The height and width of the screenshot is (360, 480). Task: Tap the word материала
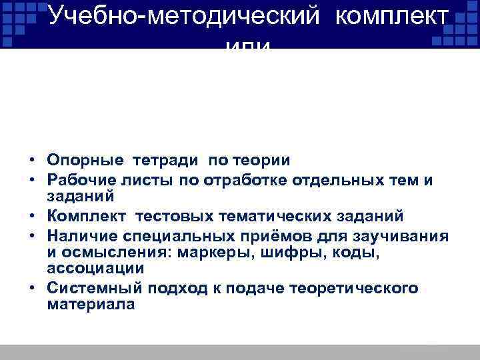point(91,304)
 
